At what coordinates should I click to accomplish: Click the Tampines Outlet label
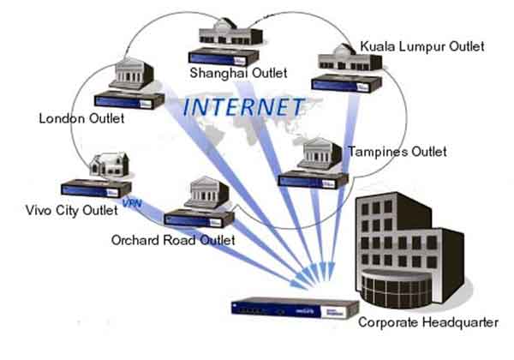click(397, 152)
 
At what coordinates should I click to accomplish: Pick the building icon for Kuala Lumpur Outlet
click(342, 59)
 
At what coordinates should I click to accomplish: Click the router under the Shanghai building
click(225, 57)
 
